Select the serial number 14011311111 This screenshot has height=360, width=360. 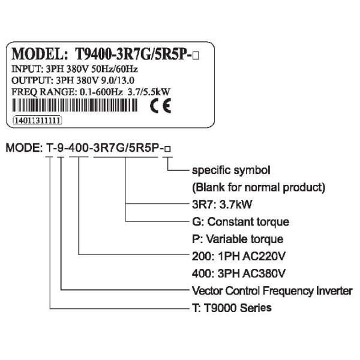[x=38, y=120]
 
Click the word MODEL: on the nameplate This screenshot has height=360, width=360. [x=41, y=53]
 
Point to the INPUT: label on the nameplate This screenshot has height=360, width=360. [x=26, y=69]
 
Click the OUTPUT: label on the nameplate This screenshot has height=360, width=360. [x=30, y=80]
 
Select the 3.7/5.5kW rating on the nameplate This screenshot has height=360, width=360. [x=144, y=92]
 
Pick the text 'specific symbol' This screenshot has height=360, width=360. [x=230, y=170]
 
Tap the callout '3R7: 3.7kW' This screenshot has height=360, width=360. [x=219, y=203]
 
